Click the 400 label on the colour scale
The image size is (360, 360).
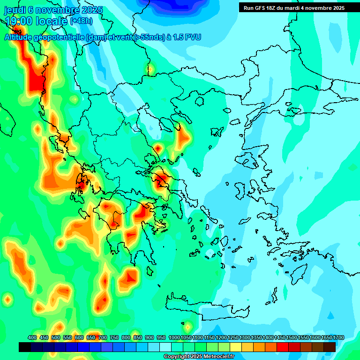click(x=32, y=337)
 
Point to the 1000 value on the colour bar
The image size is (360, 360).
click(x=174, y=337)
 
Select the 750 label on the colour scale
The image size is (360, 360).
click(x=114, y=337)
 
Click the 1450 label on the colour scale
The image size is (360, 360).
click(x=280, y=337)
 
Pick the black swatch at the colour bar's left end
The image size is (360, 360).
click(x=25, y=347)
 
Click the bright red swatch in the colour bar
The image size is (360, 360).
click(x=283, y=347)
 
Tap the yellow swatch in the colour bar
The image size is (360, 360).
click(x=236, y=347)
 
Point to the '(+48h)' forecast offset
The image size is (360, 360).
click(x=82, y=21)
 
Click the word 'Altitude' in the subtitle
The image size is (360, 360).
click(x=19, y=37)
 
